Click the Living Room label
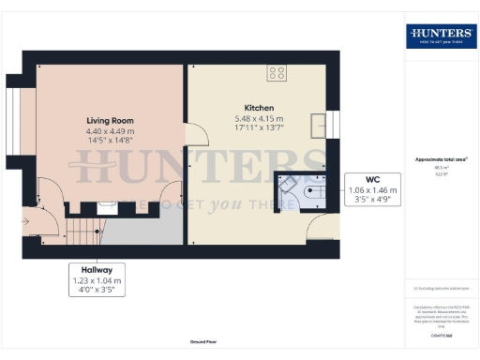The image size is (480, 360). coord(111,120)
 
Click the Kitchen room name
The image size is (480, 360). coord(259,106)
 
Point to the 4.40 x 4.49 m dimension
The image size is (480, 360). coord(111,131)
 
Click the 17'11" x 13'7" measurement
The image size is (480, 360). coord(259,128)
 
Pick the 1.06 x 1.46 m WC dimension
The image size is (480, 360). coord(373,189)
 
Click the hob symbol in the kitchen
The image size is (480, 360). coord(277,72)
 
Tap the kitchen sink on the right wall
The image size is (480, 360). coord(318,126)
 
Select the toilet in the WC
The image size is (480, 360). coord(314,191)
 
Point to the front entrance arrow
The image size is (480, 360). coord(28,221)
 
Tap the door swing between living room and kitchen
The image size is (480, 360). coord(196,134)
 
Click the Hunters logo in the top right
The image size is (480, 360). coord(440,37)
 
